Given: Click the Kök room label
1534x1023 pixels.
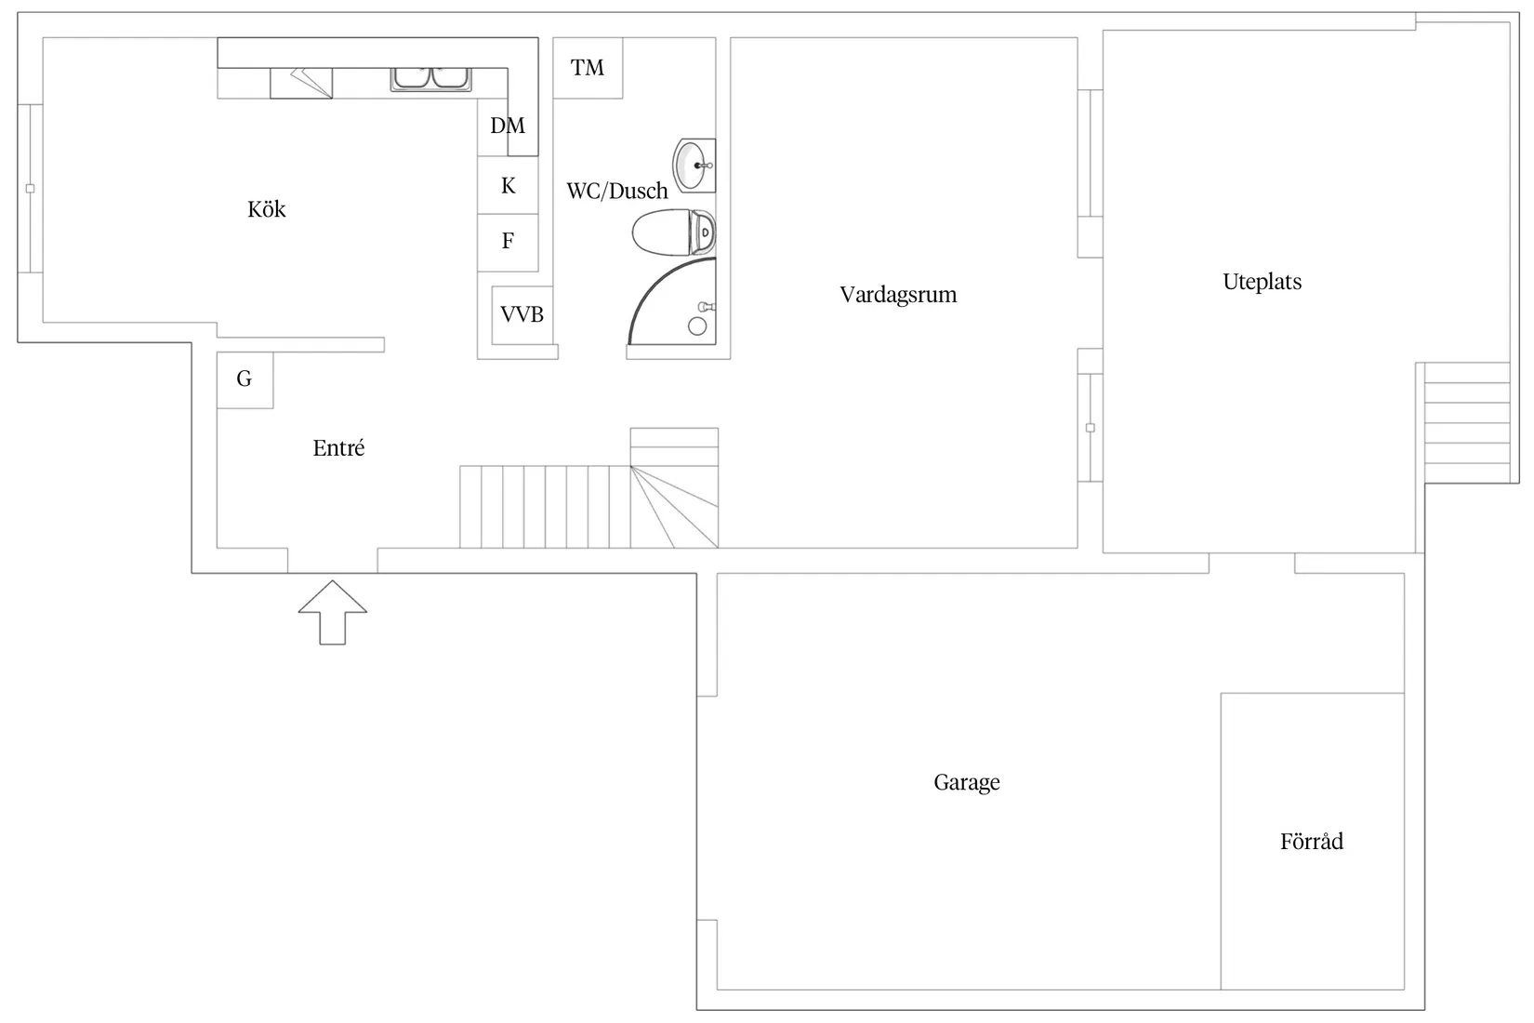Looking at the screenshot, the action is [x=267, y=209].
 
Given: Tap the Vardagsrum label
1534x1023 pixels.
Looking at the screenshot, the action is [x=898, y=295].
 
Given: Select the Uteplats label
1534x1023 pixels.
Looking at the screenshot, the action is [x=1263, y=282].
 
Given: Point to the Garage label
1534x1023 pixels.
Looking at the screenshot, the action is [x=966, y=782].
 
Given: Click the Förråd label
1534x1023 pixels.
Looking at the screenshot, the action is [x=1312, y=841].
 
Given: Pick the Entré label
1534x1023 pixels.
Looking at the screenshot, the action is [x=338, y=448].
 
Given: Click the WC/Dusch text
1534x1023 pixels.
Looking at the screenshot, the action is [x=617, y=191].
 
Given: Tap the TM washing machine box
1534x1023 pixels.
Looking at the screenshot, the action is [x=588, y=68].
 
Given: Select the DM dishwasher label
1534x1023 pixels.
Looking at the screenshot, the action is [x=508, y=126].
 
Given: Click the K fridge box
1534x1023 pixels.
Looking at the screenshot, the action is [x=508, y=185].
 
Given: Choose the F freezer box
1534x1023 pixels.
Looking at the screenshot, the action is [x=508, y=243].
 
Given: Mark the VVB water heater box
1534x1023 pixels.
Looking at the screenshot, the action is [x=522, y=315].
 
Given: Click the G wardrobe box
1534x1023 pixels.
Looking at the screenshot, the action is [x=245, y=380].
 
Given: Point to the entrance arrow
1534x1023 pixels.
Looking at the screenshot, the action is [x=332, y=613].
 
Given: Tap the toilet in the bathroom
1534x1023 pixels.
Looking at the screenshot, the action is [x=674, y=232].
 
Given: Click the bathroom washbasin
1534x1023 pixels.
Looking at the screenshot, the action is [x=694, y=166].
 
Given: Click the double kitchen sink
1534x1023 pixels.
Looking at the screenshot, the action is [x=430, y=79].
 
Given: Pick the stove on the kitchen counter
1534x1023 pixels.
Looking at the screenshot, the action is [x=301, y=83].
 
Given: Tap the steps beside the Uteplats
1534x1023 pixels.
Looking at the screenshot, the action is [x=1467, y=423].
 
